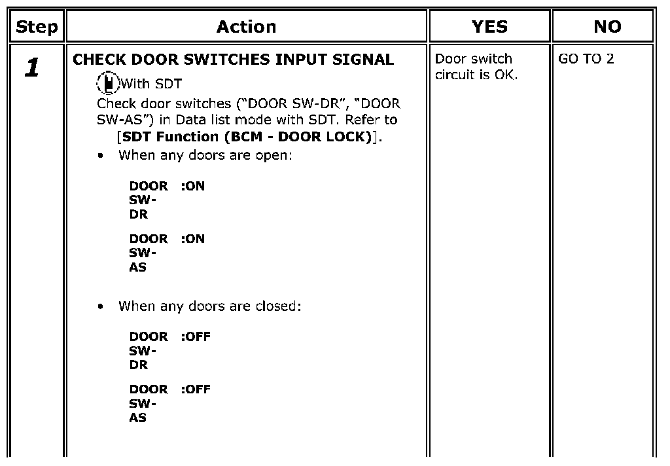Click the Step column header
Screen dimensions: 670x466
(x=37, y=27)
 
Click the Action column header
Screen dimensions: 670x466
(x=247, y=27)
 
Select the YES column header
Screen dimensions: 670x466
(x=489, y=27)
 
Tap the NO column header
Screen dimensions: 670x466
(x=608, y=27)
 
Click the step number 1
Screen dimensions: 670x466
(x=33, y=67)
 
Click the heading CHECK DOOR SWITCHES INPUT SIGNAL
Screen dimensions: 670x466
(x=234, y=60)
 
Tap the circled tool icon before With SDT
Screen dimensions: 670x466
(x=108, y=82)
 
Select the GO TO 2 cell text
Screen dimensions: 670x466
(x=586, y=58)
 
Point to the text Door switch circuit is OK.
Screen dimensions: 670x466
(x=476, y=67)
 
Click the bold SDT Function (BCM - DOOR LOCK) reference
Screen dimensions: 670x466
(x=247, y=137)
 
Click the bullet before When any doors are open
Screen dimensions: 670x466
(x=100, y=156)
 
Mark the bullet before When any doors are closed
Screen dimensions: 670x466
(x=100, y=306)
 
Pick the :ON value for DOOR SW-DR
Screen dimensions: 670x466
(x=193, y=186)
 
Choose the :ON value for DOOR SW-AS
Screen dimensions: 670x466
(x=193, y=238)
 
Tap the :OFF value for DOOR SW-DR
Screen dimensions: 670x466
(x=196, y=336)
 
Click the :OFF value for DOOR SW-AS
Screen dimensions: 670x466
(x=196, y=389)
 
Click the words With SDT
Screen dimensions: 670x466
(x=152, y=84)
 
